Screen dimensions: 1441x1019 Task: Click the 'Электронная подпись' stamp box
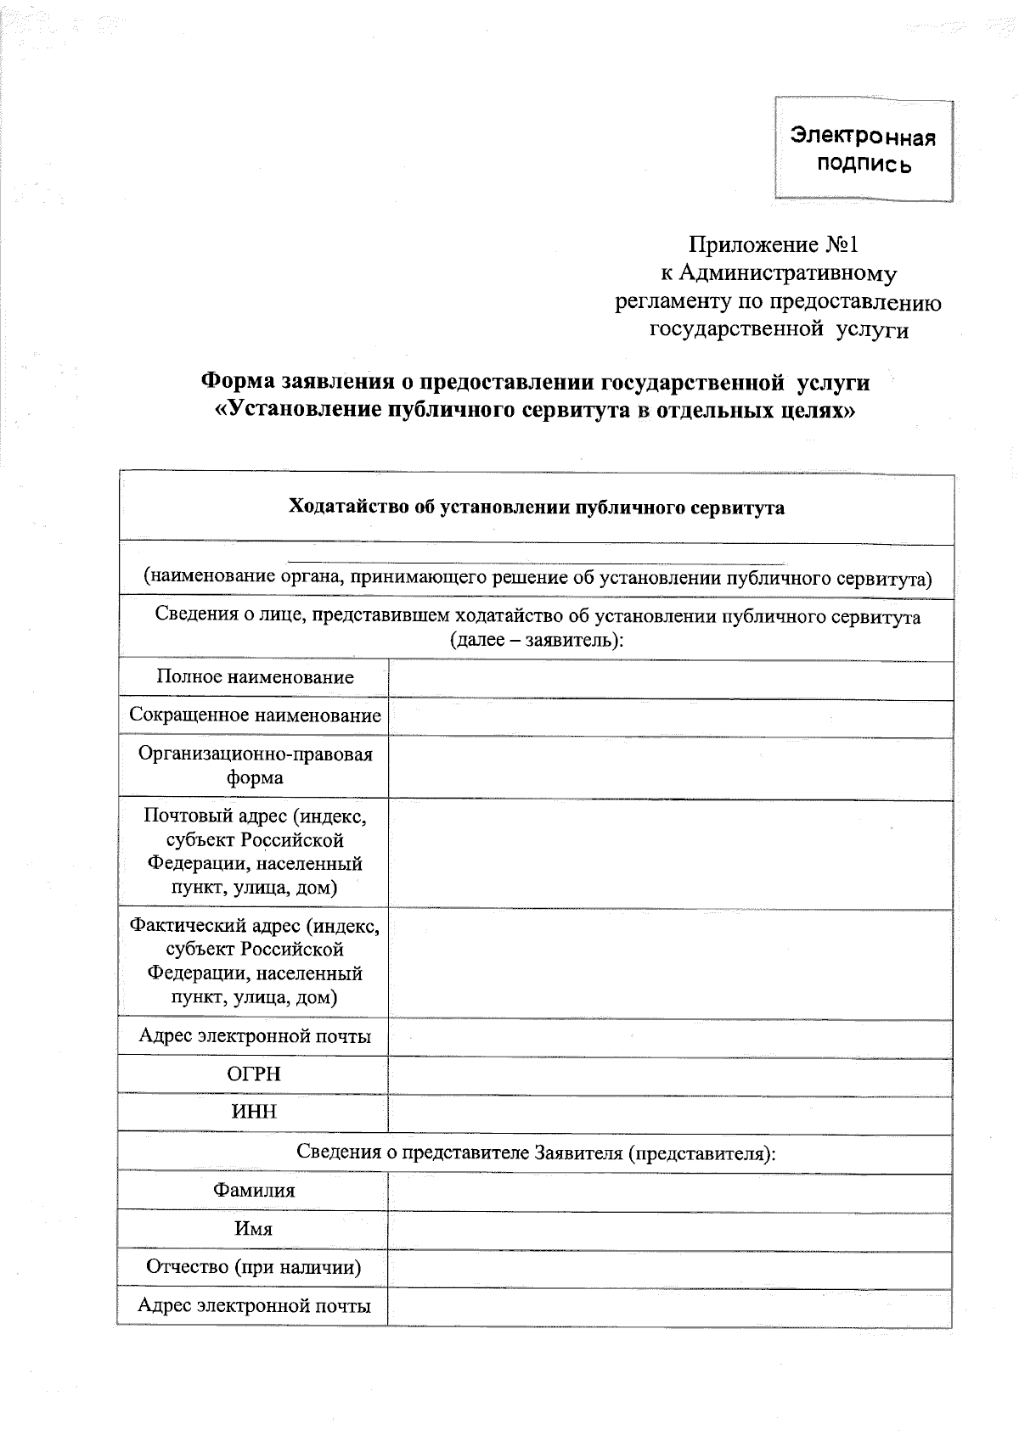point(864,149)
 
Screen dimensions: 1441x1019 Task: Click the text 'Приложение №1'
point(773,245)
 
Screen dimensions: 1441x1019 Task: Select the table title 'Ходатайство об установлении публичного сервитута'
point(536,507)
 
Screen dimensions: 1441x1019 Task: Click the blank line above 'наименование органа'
point(536,560)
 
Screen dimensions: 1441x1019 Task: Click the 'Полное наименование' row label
point(255,677)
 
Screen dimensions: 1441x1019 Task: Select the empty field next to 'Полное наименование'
point(669,679)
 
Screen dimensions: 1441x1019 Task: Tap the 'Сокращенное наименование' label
point(255,715)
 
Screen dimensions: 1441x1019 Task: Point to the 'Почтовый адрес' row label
point(255,851)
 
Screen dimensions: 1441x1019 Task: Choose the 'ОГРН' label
point(254,1074)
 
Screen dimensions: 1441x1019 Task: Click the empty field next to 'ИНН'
point(669,1113)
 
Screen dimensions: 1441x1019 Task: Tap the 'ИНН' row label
point(254,1112)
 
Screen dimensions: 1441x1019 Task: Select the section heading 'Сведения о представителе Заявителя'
point(536,1152)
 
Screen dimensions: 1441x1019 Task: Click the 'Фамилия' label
point(254,1190)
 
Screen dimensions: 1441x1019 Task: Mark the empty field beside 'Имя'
point(669,1230)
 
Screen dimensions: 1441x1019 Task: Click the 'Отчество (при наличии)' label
point(254,1267)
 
